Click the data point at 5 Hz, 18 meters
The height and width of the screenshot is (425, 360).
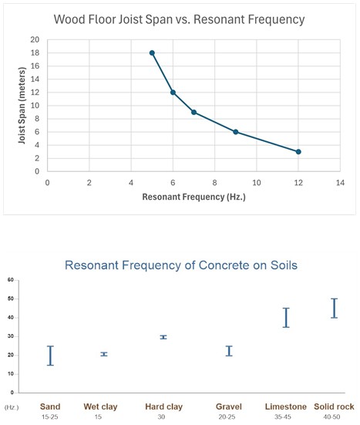[152, 52]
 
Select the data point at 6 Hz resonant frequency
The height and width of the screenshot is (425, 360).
[173, 92]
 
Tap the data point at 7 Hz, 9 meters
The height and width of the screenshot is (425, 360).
[193, 112]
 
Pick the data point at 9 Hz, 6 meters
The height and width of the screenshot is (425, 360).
[235, 132]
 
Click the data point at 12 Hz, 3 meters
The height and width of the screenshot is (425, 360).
[298, 151]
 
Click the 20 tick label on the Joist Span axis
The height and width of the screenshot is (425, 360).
[35, 39]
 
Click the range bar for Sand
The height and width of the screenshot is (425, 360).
[51, 355]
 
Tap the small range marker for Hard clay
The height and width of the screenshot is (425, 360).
[163, 337]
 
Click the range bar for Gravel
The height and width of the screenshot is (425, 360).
[228, 351]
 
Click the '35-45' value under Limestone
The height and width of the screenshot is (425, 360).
[286, 417]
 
